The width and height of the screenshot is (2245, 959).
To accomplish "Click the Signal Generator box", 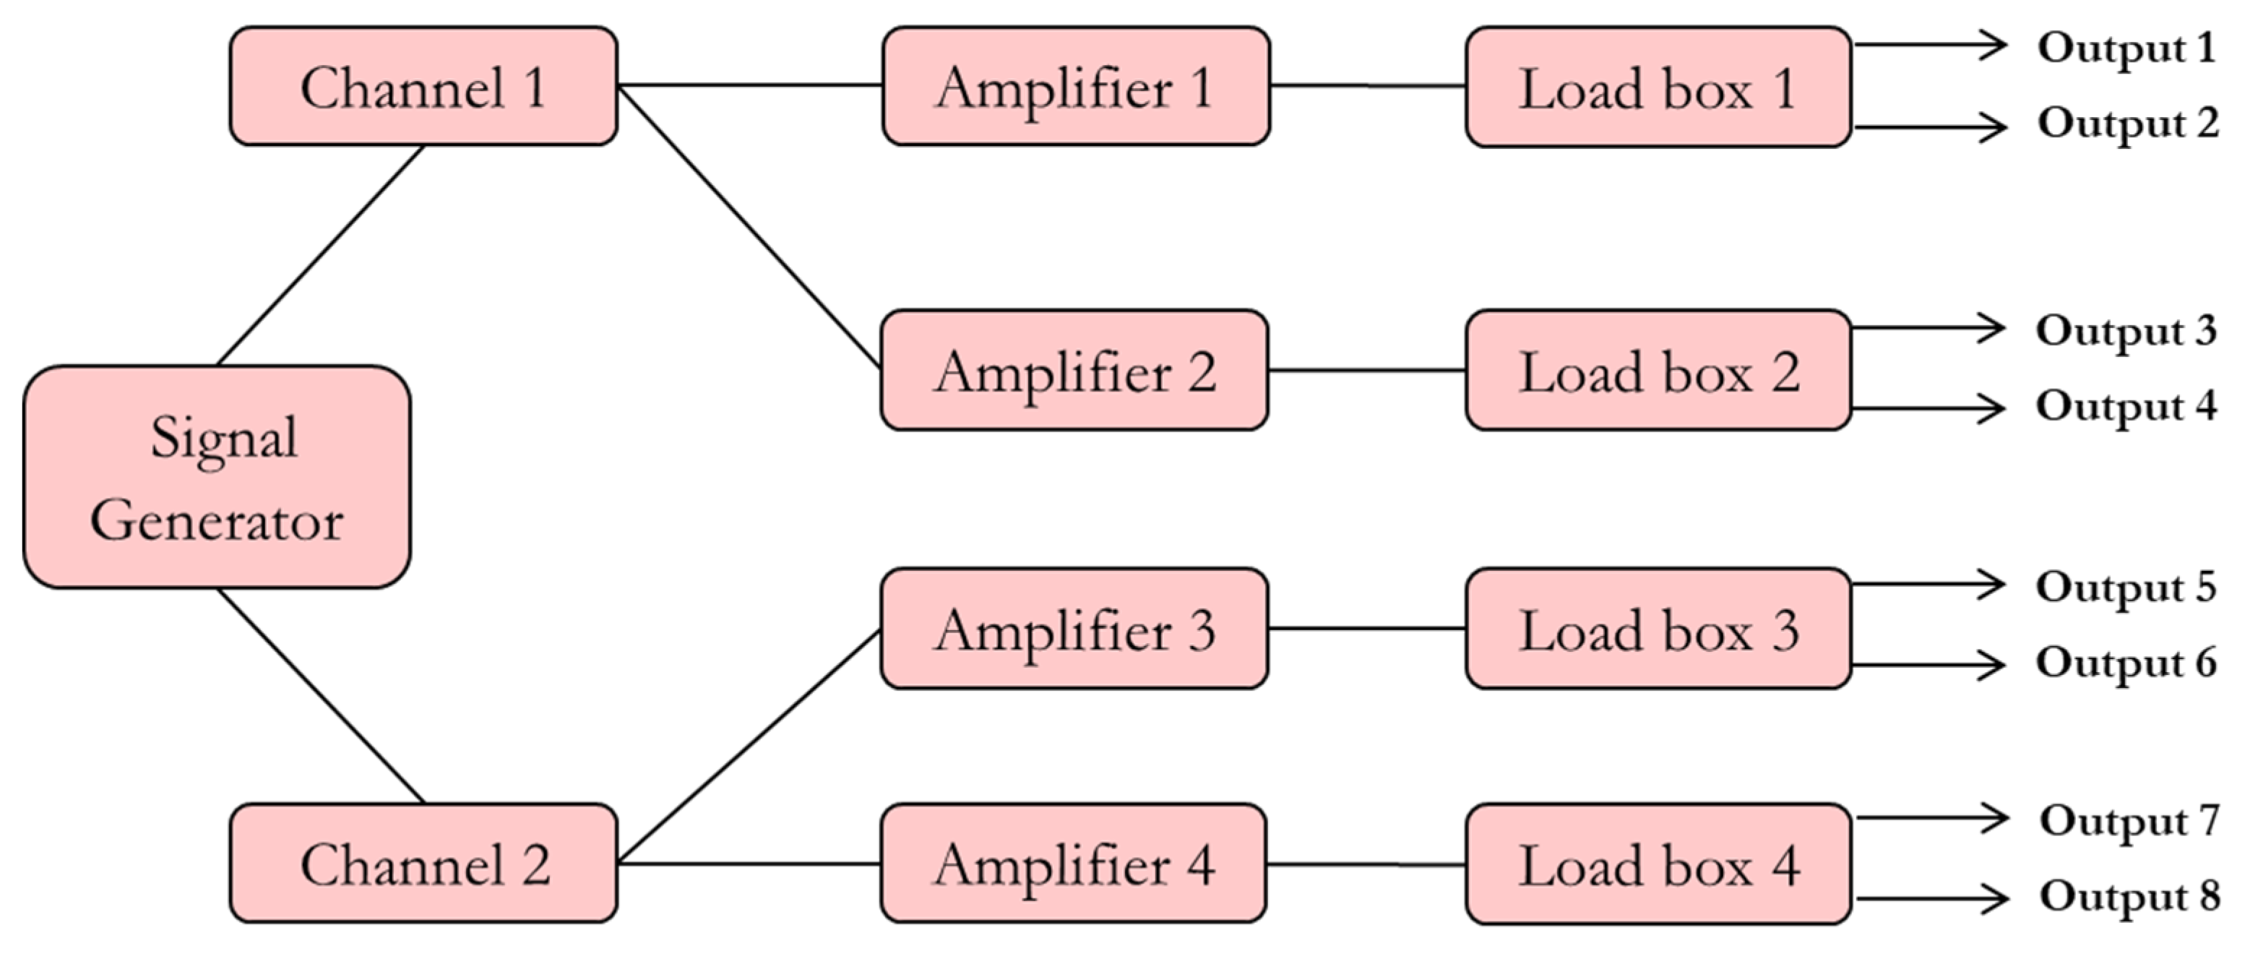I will coord(216,477).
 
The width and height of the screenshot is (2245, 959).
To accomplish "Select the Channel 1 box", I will coord(423,86).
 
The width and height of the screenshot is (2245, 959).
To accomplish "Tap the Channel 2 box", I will coord(423,863).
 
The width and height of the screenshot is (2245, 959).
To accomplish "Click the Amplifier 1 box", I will coord(1075,86).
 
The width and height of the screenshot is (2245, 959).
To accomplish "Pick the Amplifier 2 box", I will coord(1074,369).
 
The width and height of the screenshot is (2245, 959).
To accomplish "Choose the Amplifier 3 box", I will coord(1074,629).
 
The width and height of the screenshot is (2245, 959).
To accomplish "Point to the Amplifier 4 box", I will coord(1073,863).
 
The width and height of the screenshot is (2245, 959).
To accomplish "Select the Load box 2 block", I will coord(1658,369).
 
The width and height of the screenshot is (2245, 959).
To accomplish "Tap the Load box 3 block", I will coord(1658,629).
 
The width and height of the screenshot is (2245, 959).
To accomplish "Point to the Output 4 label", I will coord(2126,406).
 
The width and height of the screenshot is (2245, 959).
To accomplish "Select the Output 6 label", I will coord(2126,663).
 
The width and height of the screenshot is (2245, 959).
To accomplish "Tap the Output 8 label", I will coord(2129,896).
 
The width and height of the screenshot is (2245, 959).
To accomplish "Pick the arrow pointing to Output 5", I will coord(1926,584).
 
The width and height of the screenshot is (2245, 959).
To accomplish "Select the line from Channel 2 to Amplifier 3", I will coord(748,747).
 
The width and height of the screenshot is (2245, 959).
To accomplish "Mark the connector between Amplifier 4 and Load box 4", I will coord(1365,865).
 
